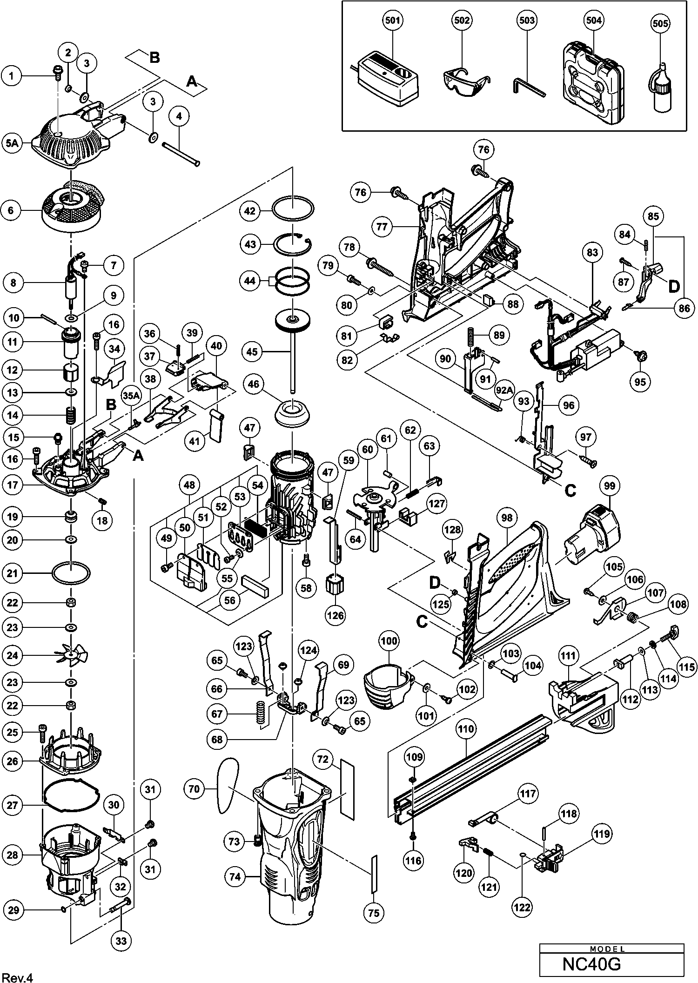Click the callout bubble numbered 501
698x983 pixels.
(x=392, y=20)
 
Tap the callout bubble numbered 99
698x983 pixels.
(x=610, y=486)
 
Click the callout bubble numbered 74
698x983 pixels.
(x=235, y=876)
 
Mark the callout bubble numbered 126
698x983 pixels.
(x=336, y=616)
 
